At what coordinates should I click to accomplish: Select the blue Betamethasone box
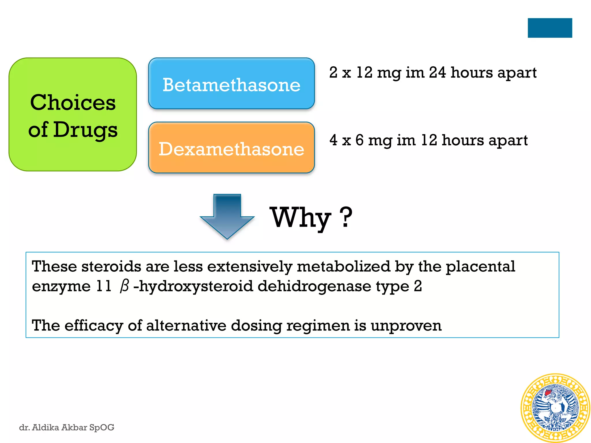pyautogui.click(x=231, y=84)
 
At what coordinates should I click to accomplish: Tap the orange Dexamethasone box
pyautogui.click(x=231, y=148)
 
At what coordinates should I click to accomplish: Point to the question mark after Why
pyautogui.click(x=346, y=217)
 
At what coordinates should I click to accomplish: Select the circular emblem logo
pyautogui.click(x=555, y=408)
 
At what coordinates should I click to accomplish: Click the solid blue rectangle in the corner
pyautogui.click(x=550, y=28)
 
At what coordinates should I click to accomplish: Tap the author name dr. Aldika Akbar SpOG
pyautogui.click(x=67, y=427)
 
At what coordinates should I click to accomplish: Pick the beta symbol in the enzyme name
pyautogui.click(x=124, y=286)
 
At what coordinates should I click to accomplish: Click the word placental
pyautogui.click(x=480, y=266)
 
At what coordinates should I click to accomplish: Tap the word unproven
pyautogui.click(x=406, y=326)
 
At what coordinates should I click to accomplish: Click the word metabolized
pyautogui.click(x=343, y=266)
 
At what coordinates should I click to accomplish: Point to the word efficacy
pyautogui.click(x=94, y=326)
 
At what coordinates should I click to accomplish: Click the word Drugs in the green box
pyautogui.click(x=85, y=130)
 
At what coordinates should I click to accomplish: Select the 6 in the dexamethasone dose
pyautogui.click(x=360, y=140)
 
